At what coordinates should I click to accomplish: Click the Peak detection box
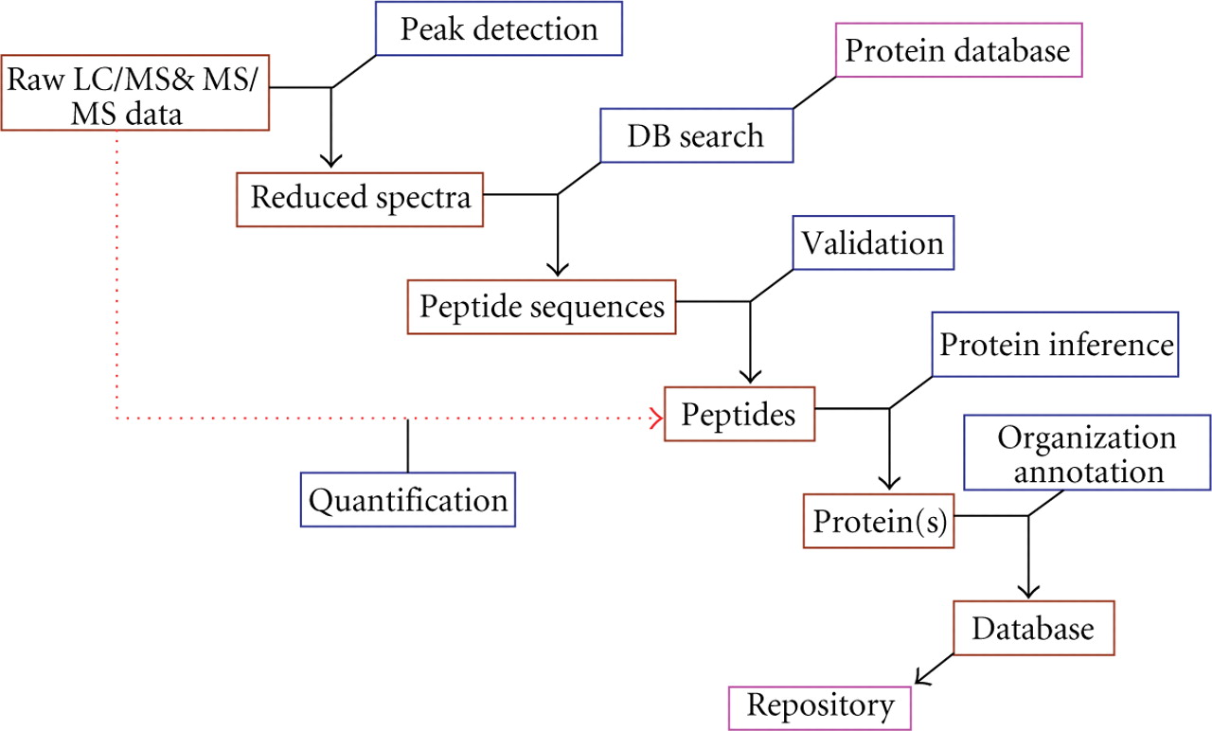click(499, 28)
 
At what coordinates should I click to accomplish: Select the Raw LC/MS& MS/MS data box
click(135, 94)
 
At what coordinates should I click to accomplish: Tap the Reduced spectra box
click(360, 199)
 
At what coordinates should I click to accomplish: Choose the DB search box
click(695, 135)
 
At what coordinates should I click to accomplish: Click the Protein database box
click(958, 50)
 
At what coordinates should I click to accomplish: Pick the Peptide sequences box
click(543, 307)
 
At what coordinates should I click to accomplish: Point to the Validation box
click(872, 243)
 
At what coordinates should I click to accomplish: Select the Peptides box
click(740, 415)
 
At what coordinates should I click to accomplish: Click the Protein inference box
click(1056, 345)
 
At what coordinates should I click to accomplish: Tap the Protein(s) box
click(880, 521)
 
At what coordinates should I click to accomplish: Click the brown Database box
click(1033, 628)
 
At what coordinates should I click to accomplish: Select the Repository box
click(820, 705)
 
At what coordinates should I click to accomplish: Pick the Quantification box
click(408, 499)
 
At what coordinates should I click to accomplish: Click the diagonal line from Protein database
click(814, 92)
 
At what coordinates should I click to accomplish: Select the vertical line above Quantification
click(408, 445)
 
